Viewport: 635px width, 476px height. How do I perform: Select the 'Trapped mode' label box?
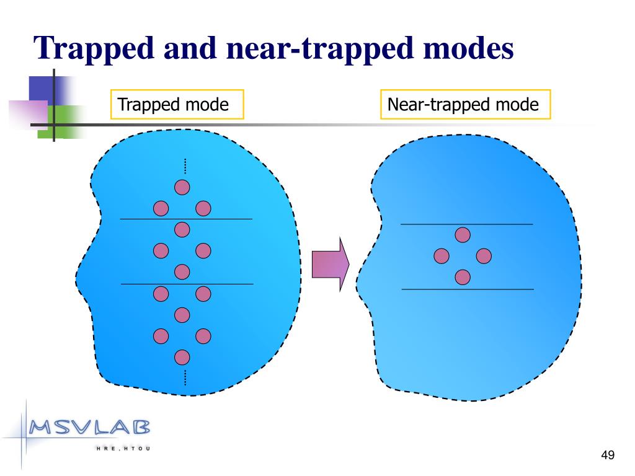point(177,105)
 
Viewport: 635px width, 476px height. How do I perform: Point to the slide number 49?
point(608,456)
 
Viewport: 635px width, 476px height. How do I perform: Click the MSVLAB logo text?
point(90,427)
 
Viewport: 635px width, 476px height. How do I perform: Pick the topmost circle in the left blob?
point(182,187)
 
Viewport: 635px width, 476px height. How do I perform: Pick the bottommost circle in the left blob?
point(182,357)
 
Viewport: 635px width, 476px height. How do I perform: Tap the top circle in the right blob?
point(463,235)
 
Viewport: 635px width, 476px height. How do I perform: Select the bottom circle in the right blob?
point(463,277)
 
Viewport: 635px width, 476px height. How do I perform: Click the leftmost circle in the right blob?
point(442,256)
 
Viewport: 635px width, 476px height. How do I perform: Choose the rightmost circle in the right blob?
point(484,256)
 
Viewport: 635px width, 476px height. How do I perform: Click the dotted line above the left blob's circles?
point(185,165)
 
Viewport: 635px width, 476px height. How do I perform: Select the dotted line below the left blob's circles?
point(185,377)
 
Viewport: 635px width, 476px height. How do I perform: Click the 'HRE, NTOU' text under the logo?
point(125,448)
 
